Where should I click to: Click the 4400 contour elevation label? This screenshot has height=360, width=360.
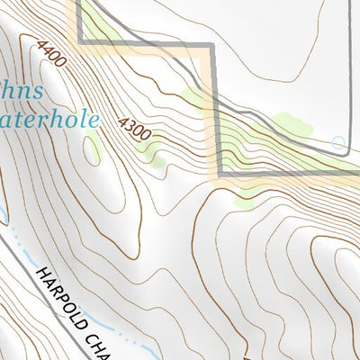[x=52, y=53]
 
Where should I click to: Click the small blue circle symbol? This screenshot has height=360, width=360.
[x=338, y=142]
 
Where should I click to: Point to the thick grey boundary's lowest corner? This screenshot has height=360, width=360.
[x=218, y=172]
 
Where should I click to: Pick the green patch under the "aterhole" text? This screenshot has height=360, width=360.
[x=93, y=148]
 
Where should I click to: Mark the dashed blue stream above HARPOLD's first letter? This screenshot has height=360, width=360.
[x=18, y=238]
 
